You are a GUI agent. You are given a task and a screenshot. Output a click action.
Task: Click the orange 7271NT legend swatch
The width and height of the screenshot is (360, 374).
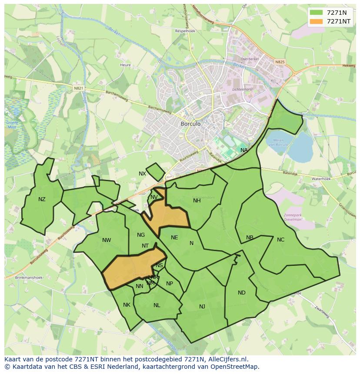point(317,21)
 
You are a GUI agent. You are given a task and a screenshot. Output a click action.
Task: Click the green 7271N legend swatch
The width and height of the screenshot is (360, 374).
point(317,13)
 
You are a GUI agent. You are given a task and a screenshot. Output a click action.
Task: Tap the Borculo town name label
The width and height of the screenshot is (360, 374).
point(190,124)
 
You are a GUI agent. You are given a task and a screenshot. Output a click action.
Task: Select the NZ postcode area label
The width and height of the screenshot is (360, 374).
point(42,199)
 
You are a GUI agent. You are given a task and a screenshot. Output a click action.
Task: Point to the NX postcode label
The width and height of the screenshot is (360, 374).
point(142,174)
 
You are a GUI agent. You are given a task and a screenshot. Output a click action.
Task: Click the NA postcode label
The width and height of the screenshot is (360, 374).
point(244,150)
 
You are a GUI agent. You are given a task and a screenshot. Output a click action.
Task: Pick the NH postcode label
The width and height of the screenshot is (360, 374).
point(197,200)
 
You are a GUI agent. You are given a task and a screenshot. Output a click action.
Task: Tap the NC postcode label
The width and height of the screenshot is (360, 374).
point(280,239)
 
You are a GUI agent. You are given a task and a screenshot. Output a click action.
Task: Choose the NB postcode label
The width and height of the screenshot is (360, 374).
point(250,238)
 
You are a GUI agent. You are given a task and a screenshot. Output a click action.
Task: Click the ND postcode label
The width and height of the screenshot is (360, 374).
point(241,292)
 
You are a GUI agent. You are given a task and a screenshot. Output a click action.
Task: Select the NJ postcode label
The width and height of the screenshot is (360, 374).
point(202,306)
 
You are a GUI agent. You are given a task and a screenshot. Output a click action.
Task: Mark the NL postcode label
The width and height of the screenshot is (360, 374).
point(157,305)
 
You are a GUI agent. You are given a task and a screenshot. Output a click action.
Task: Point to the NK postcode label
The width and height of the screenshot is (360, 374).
point(127,304)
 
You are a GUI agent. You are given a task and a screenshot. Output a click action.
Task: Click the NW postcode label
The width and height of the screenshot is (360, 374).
point(107,240)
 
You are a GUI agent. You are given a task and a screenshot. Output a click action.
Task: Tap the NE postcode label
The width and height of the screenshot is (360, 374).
point(174,237)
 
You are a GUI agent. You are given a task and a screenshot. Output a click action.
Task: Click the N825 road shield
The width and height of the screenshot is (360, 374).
point(280,62)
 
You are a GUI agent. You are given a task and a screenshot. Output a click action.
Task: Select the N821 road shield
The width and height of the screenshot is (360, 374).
point(78,88)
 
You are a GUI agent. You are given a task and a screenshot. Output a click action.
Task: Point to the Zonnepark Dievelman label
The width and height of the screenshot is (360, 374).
point(292,217)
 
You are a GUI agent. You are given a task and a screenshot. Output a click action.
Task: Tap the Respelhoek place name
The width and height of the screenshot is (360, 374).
point(184,31)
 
